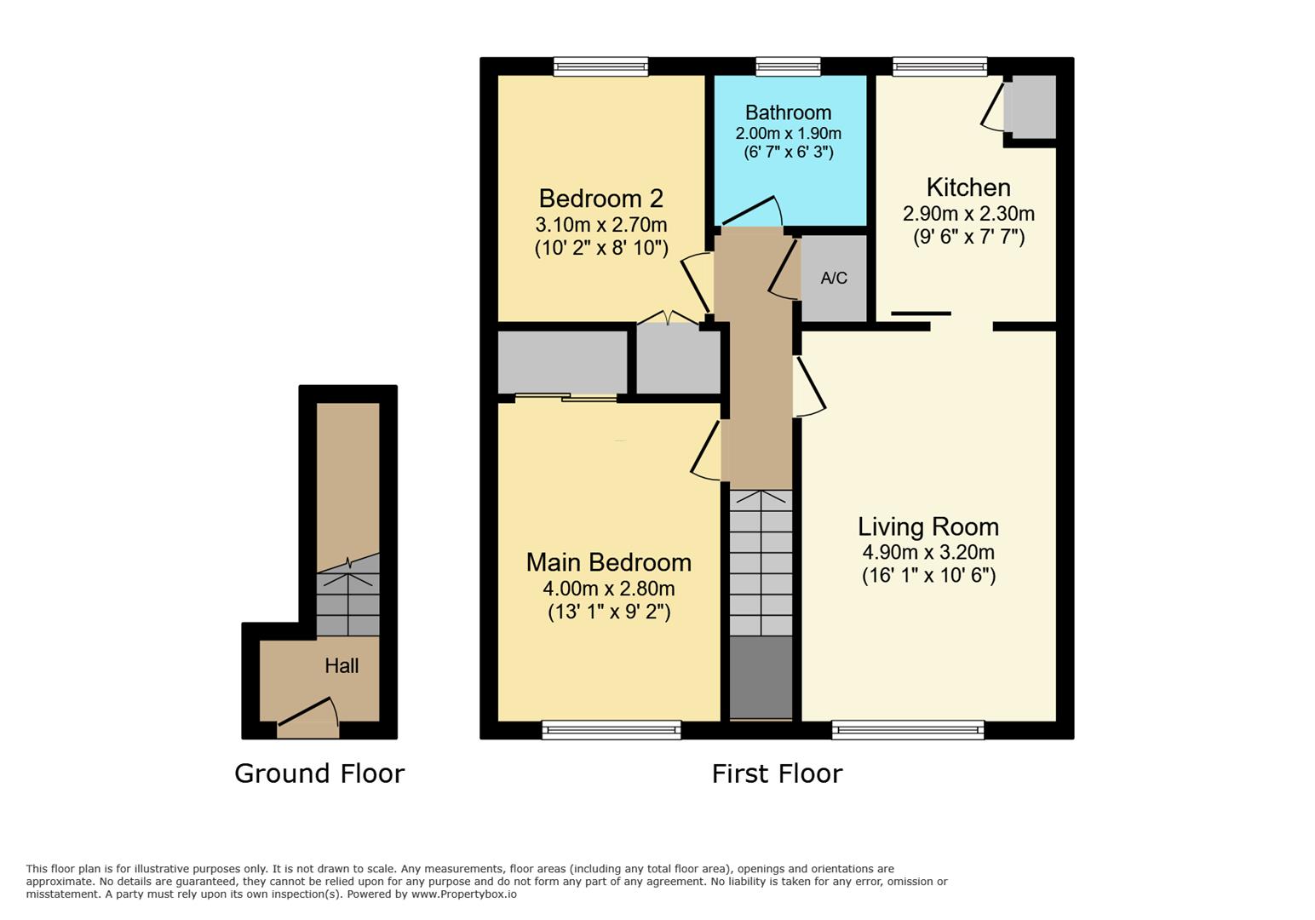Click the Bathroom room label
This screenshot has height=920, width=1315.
tap(788, 112)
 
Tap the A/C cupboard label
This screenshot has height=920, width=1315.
tap(834, 278)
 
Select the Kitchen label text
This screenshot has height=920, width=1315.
tap(968, 188)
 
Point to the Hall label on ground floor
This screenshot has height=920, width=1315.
tap(342, 665)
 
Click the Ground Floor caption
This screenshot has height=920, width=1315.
tap(319, 773)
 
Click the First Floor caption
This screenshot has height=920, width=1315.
tap(778, 773)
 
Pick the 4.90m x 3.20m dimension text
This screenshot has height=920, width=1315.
tap(928, 552)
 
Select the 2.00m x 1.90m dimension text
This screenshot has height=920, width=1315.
tap(789, 133)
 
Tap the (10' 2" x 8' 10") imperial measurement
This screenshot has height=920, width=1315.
tap(601, 249)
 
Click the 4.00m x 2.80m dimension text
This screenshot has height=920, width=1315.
tap(609, 589)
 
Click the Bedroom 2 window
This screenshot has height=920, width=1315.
tap(601, 66)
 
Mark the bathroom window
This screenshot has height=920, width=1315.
tap(788, 66)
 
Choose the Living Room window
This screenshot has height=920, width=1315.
tap(908, 730)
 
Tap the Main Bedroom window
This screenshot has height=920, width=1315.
tap(612, 730)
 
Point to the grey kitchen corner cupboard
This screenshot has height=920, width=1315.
tap(1031, 106)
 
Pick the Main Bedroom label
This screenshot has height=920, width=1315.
tap(609, 562)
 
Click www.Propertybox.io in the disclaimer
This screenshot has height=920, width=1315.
tap(464, 894)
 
